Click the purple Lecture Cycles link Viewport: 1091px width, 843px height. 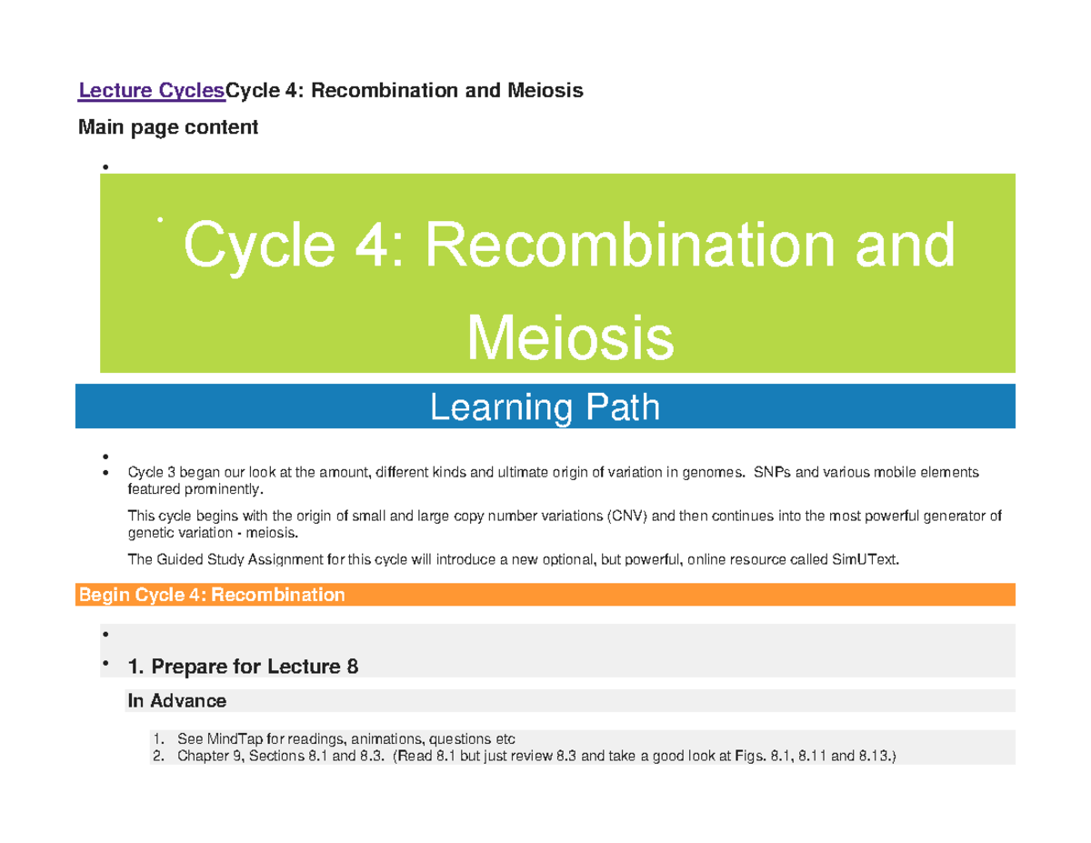[151, 91]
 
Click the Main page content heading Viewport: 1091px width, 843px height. [168, 127]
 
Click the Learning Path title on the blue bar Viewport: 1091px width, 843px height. [545, 407]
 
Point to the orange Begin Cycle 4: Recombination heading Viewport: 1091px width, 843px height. [212, 595]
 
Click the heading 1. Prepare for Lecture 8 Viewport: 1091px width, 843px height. [244, 667]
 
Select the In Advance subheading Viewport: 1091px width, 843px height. [176, 700]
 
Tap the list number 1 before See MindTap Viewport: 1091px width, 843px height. [156, 738]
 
